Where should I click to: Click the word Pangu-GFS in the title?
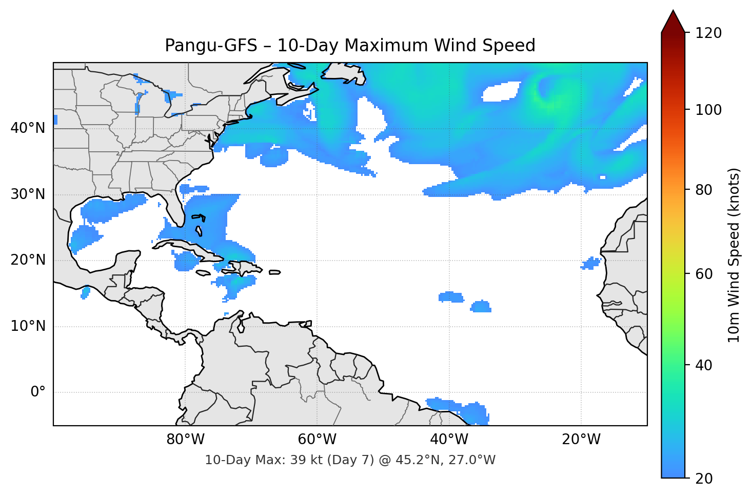211,46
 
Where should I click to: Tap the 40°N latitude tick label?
28,128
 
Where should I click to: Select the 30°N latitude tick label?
28,194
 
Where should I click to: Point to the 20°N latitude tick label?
28,260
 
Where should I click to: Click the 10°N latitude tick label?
28,326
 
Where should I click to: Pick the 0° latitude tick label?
38,392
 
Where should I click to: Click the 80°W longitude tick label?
185,440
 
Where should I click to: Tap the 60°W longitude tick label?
317,440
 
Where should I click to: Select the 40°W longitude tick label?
449,440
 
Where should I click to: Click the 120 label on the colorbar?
708,33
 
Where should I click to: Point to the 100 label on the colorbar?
708,110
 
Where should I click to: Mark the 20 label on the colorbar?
705,479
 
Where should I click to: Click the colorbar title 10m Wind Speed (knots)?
734,255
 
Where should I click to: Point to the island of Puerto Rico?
274,272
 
